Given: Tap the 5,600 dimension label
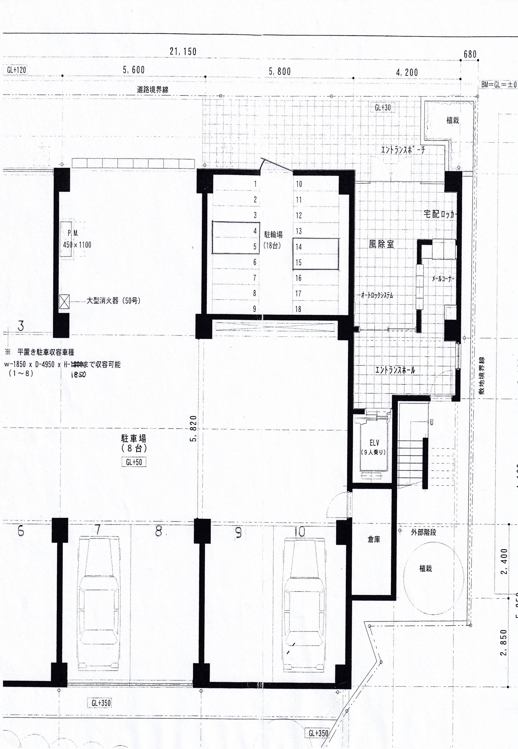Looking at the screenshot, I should (x=133, y=70).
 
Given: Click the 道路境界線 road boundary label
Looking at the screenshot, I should (x=153, y=90).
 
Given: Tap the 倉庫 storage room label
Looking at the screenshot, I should (x=374, y=539).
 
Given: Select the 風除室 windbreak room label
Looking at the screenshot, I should (x=381, y=244).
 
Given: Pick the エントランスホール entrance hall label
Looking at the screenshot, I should (x=395, y=370).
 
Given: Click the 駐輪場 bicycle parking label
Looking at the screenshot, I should (x=273, y=234).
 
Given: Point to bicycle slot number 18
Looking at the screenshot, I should (x=298, y=309).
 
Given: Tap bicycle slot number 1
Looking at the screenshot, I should (x=255, y=184).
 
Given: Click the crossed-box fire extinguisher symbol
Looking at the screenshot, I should (x=64, y=301).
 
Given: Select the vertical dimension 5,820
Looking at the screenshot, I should (x=193, y=428).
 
